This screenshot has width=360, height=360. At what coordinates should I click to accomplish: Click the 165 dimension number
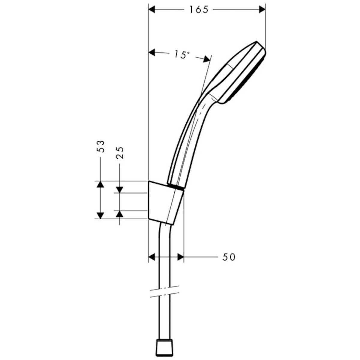(x=198, y=10)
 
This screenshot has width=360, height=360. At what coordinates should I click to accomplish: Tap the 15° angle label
(x=181, y=55)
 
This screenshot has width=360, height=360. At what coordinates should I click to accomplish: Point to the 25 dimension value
(x=120, y=153)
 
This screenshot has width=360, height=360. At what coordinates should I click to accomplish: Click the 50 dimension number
(x=229, y=257)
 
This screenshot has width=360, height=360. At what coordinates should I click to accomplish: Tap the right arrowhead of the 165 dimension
(x=262, y=10)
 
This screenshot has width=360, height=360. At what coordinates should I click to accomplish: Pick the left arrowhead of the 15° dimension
(x=153, y=53)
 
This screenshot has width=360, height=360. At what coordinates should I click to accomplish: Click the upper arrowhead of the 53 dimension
(x=100, y=184)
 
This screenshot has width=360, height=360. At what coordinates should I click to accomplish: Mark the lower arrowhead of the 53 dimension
(x=100, y=215)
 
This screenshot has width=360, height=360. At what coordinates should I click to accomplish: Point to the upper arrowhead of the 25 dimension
(x=120, y=190)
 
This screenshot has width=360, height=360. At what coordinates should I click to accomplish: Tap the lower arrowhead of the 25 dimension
(x=120, y=214)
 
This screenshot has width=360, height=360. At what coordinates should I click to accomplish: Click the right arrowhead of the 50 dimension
(x=180, y=257)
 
